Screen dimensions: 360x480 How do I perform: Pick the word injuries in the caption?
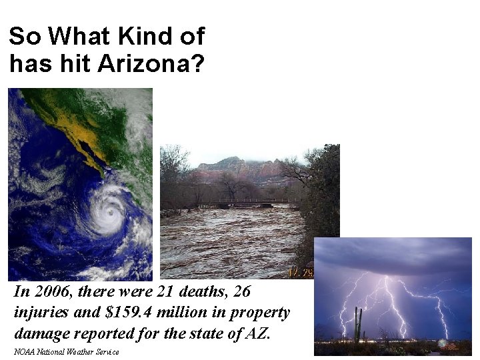39,312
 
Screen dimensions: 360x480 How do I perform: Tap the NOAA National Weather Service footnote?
66,351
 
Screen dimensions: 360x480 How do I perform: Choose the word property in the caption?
263,312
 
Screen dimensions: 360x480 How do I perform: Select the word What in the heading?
74,35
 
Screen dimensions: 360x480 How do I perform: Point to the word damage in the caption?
40,332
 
